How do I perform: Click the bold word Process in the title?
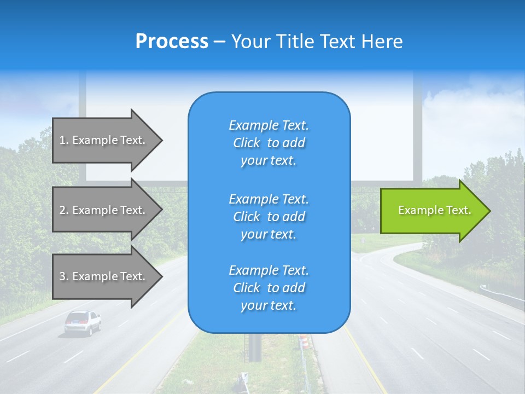[172, 42]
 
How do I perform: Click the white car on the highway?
[83, 322]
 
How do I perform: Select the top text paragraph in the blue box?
[269, 143]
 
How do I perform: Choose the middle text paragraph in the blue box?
[269, 217]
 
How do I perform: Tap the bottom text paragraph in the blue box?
[269, 288]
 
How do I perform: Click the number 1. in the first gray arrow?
[64, 140]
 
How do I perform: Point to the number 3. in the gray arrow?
[64, 276]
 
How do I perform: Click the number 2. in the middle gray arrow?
[64, 210]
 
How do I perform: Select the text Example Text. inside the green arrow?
[434, 210]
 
